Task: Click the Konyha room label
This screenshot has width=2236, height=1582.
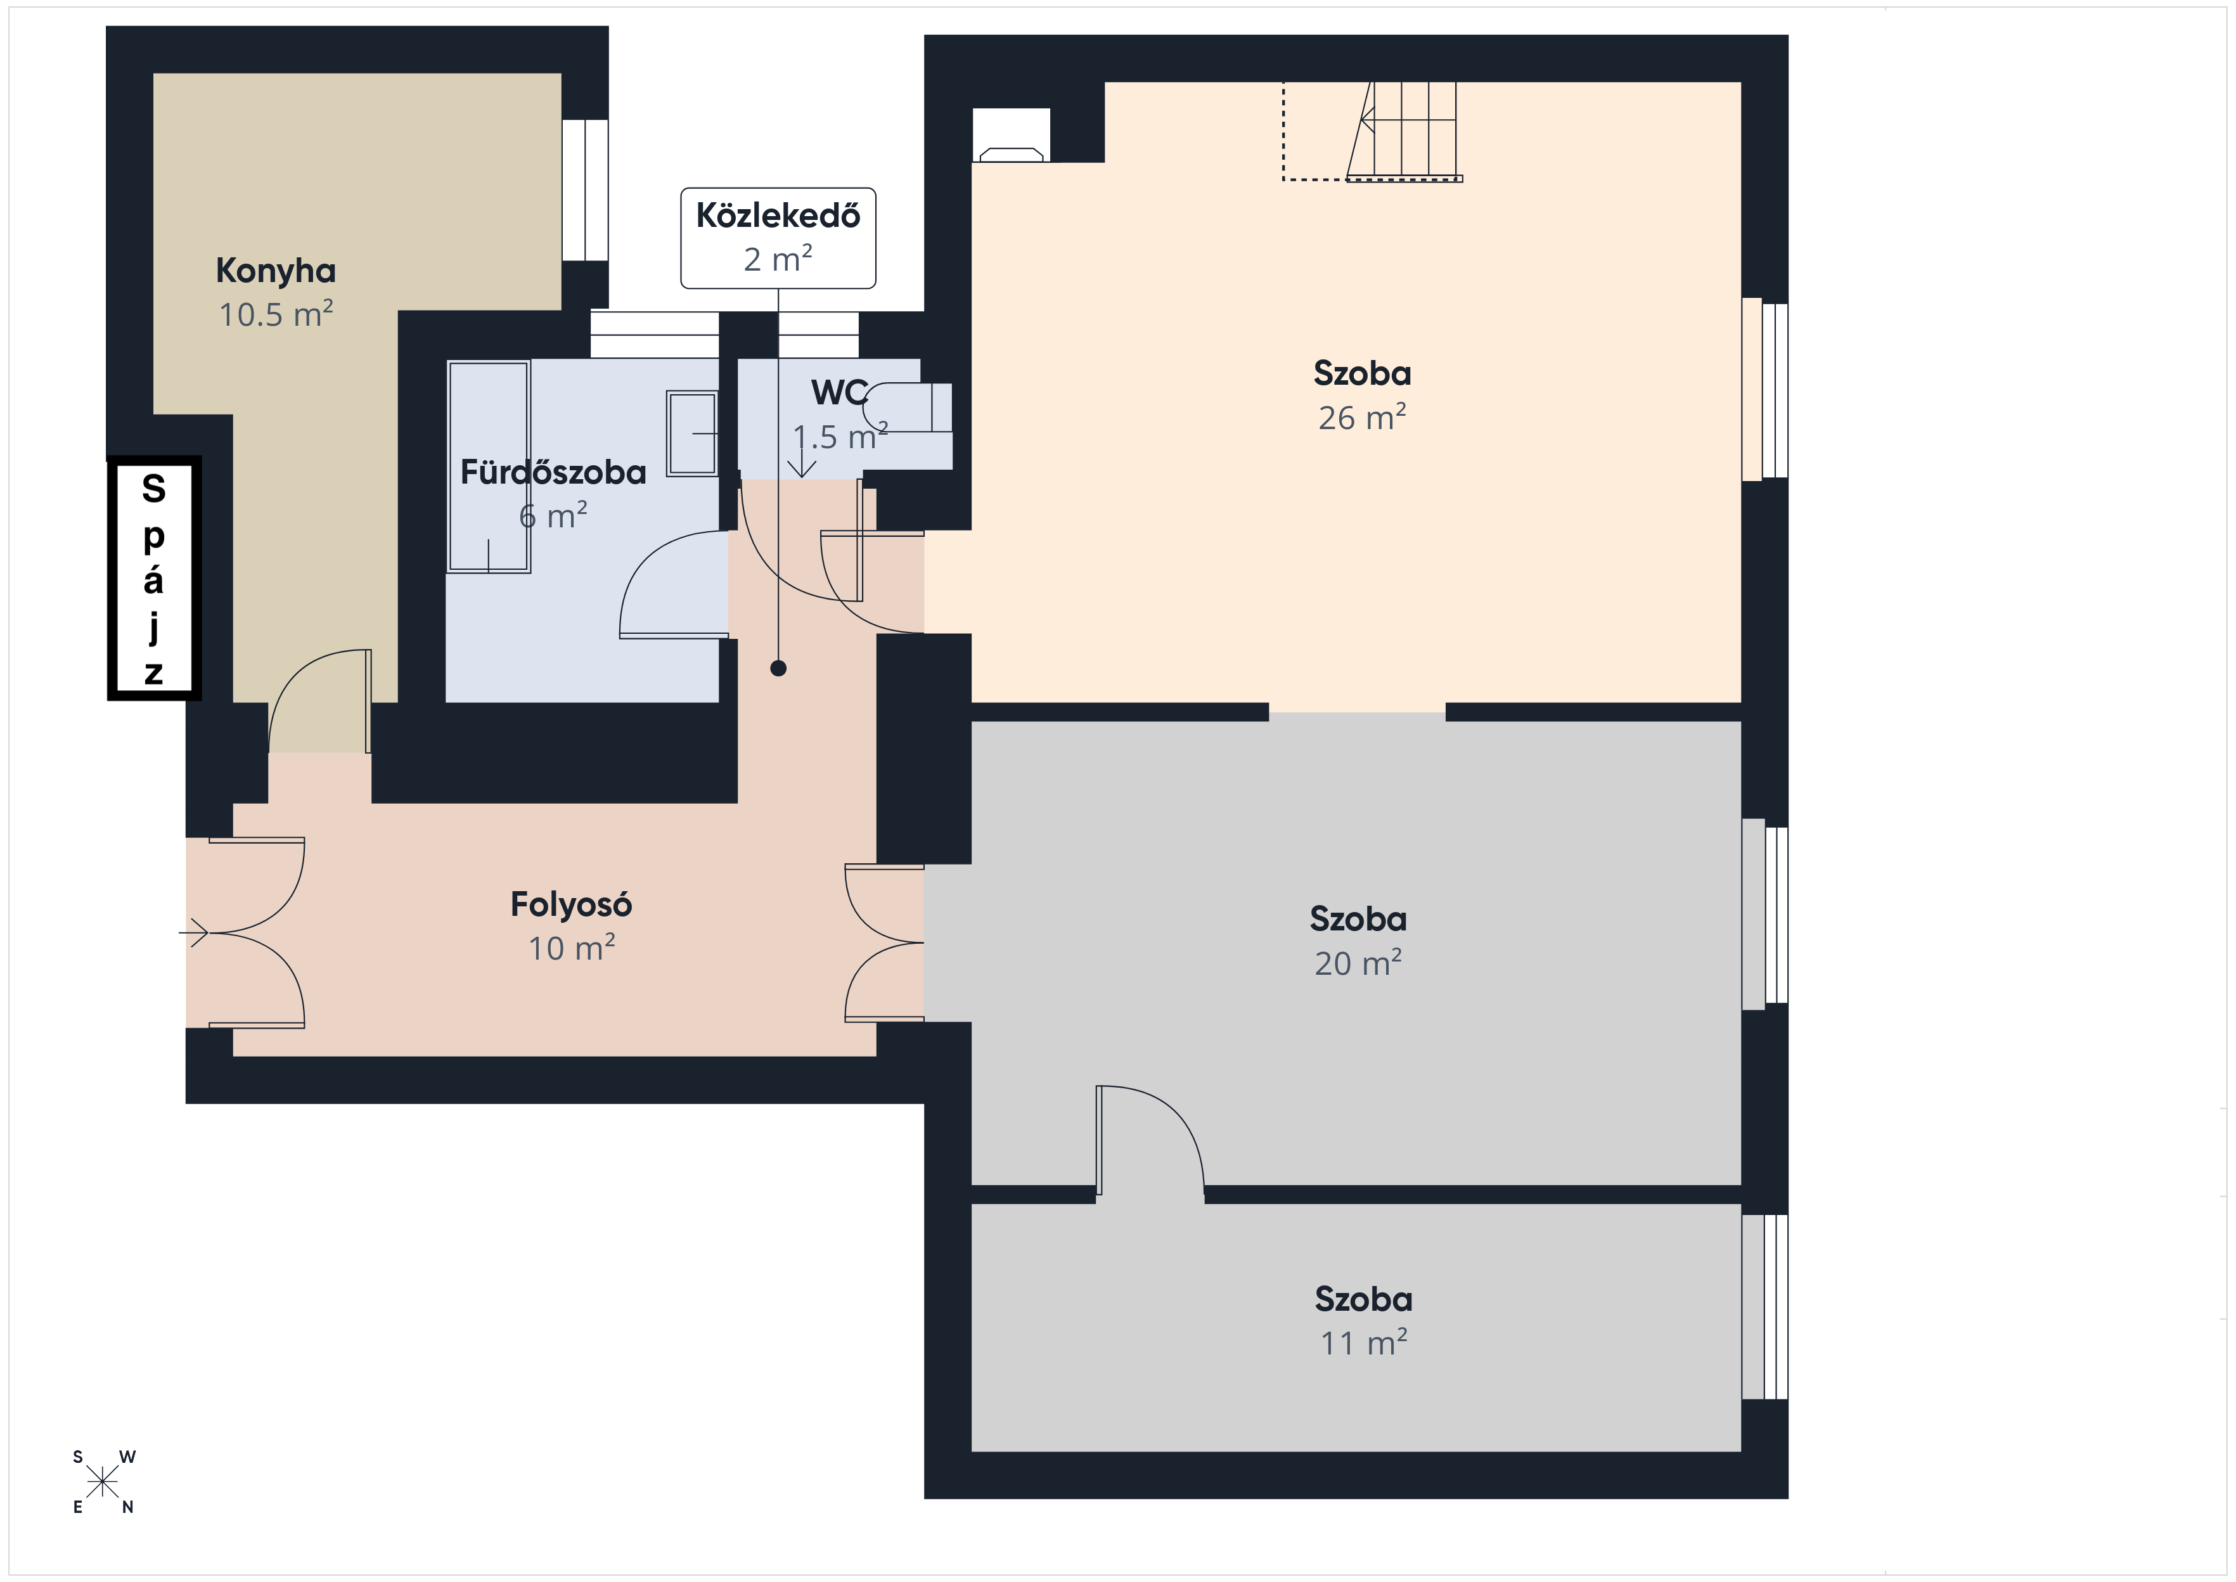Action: tap(276, 271)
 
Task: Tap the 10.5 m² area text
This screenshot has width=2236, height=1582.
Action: tap(276, 314)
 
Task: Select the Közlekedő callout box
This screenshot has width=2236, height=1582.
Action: tap(778, 238)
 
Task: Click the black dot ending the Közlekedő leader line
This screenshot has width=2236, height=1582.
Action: tap(778, 668)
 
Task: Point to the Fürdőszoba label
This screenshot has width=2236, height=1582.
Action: tap(553, 472)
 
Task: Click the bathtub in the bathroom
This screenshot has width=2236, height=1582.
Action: tap(489, 466)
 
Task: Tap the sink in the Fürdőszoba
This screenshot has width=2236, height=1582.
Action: tap(693, 434)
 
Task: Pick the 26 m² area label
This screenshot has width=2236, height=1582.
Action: tap(1363, 418)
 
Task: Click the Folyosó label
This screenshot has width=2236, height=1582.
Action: tap(572, 905)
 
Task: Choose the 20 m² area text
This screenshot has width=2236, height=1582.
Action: tap(1359, 963)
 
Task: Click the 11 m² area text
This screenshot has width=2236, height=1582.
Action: tap(1363, 1343)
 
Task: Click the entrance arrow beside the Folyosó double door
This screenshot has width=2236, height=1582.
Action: tap(194, 933)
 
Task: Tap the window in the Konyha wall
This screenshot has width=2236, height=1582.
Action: tap(585, 190)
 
